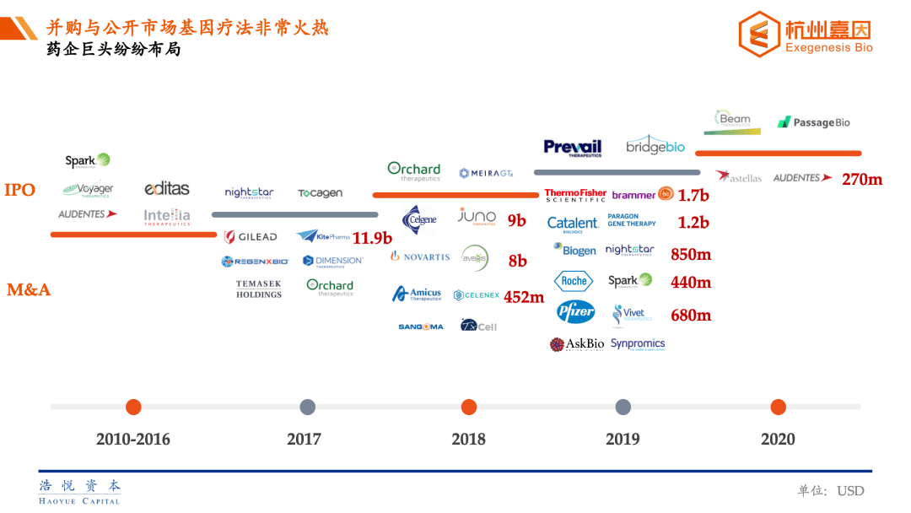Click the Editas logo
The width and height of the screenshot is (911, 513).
167,189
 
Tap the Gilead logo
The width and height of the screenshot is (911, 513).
251,237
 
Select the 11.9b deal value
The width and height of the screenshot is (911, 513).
372,238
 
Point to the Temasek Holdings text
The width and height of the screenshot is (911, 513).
259,289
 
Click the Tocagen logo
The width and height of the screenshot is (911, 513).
321,193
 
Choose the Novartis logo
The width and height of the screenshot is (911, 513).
420,256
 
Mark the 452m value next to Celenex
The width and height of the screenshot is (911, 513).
524,297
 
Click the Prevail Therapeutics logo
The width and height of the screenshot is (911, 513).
573,148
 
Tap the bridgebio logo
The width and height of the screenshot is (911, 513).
655,145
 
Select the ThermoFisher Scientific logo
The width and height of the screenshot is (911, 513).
575,195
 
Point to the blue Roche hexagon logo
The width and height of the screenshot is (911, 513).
574,281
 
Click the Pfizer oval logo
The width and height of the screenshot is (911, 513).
576,312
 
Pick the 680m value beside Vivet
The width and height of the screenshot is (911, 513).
691,316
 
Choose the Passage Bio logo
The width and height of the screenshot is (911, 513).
813,122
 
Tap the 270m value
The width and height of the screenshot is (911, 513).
862,179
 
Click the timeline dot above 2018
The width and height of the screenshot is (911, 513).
469,408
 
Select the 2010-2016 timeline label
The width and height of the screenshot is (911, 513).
133,439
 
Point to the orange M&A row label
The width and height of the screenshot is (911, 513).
29,290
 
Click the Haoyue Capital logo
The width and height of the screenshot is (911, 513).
80,491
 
